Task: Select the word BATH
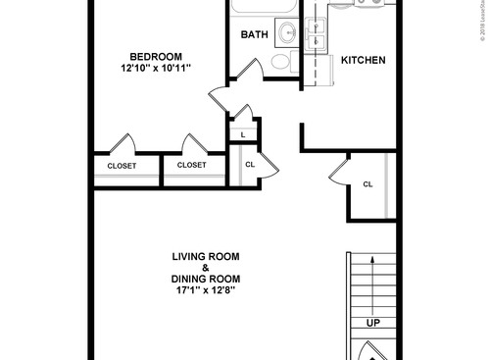(255, 35)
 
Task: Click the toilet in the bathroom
(281, 62)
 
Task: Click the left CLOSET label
(122, 166)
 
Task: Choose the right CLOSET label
(192, 166)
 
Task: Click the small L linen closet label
(242, 134)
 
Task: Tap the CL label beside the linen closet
(250, 165)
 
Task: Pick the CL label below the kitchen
(367, 184)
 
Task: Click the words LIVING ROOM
(206, 257)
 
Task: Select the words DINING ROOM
(206, 280)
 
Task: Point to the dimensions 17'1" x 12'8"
(206, 291)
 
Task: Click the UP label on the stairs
(373, 323)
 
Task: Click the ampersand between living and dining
(206, 268)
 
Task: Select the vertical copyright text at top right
(481, 25)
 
